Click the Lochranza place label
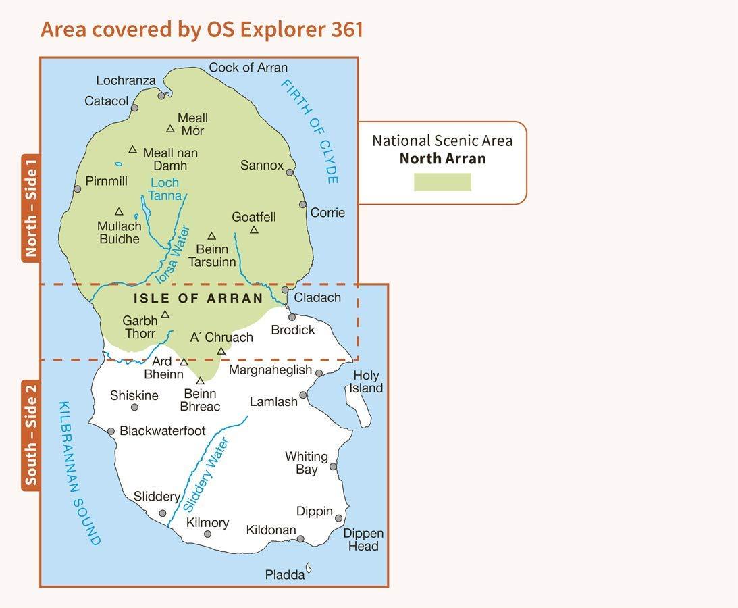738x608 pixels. point(126,80)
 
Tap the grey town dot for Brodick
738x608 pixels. point(292,317)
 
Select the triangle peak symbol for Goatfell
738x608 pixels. point(254,230)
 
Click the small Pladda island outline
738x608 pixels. point(309,569)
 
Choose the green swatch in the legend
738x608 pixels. point(442,182)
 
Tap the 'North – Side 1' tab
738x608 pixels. point(30,207)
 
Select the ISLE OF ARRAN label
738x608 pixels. point(198,299)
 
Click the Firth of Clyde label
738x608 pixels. point(310,132)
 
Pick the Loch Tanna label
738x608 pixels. point(165,189)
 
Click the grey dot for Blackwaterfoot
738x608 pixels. point(111,431)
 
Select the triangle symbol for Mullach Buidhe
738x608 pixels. point(119,212)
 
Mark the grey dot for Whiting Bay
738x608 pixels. point(333,467)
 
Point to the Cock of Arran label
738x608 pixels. point(248,68)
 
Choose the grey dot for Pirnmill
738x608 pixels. point(77,188)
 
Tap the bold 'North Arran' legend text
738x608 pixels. point(442,159)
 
